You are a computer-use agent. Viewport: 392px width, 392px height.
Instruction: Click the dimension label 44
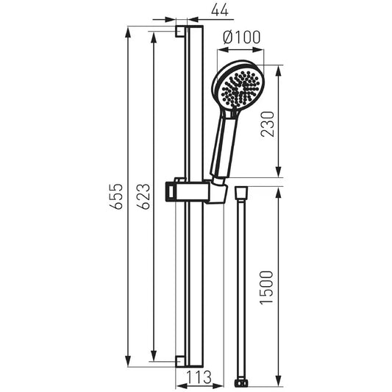pyautogui.click(x=220, y=10)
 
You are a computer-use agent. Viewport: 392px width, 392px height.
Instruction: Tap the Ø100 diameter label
pyautogui.click(x=241, y=38)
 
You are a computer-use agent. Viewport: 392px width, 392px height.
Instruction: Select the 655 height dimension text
pyautogui.click(x=116, y=196)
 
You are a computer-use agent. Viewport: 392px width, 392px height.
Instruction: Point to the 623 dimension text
pyautogui.click(x=143, y=196)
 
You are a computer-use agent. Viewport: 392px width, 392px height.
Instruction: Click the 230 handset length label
pyautogui.click(x=268, y=124)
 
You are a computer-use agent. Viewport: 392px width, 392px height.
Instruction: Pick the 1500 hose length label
pyautogui.click(x=267, y=288)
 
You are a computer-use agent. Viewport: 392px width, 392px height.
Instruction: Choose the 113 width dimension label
pyautogui.click(x=199, y=377)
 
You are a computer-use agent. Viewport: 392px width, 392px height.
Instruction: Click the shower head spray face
pyautogui.click(x=240, y=89)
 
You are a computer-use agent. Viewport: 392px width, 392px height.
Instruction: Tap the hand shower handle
pyautogui.click(x=224, y=145)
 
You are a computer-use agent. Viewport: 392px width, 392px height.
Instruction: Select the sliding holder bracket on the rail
pyautogui.click(x=196, y=192)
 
